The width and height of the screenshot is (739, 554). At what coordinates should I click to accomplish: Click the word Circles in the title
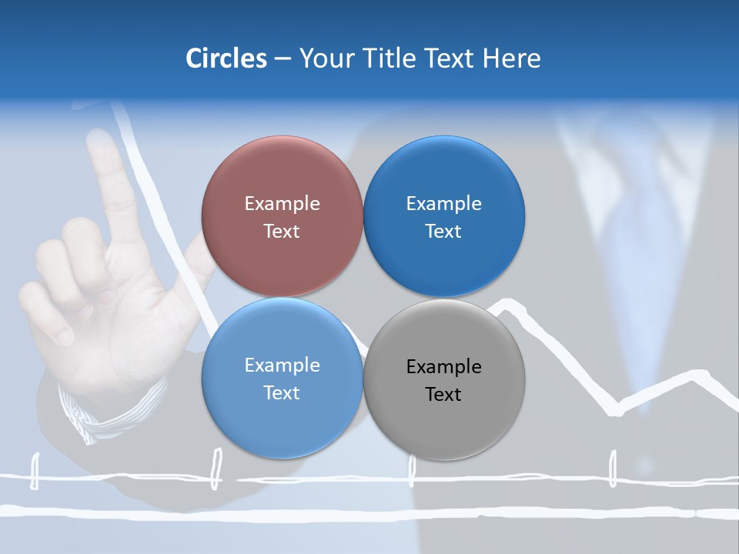(226, 58)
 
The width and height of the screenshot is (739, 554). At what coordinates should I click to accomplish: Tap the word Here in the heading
(511, 58)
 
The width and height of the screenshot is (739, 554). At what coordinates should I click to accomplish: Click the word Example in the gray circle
(443, 367)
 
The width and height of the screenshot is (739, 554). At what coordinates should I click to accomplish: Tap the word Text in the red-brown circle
(282, 232)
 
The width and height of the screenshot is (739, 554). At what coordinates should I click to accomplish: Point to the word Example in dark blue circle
(443, 204)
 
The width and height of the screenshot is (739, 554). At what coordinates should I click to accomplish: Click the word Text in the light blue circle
(282, 393)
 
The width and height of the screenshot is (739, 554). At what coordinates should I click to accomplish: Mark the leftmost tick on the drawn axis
(35, 471)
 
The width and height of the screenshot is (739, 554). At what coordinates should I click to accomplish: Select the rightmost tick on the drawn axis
(613, 468)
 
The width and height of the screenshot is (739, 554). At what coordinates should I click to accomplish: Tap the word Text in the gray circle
(443, 395)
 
